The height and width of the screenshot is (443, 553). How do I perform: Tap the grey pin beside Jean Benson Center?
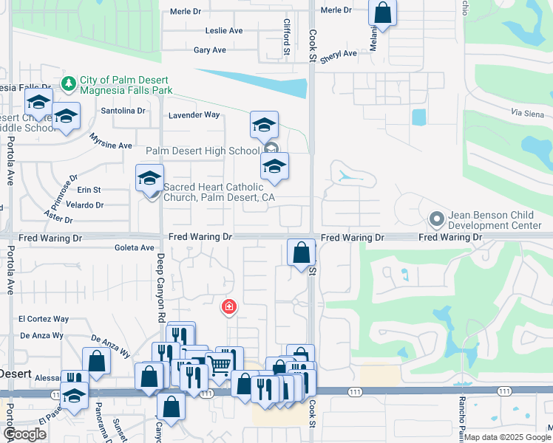click(x=437, y=219)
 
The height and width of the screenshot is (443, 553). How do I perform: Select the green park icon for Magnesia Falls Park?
click(x=69, y=84)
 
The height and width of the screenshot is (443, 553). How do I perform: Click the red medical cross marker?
click(x=229, y=306)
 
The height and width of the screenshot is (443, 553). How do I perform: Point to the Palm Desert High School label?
click(x=203, y=151)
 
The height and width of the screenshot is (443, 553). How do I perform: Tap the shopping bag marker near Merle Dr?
click(x=383, y=13)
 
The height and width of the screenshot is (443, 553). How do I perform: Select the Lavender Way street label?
click(x=194, y=115)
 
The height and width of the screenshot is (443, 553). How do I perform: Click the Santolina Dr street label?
click(x=123, y=111)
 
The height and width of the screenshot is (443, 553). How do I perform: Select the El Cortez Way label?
click(x=44, y=319)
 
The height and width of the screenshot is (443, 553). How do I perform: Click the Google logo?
click(x=24, y=434)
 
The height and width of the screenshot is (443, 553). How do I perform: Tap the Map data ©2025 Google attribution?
click(x=506, y=437)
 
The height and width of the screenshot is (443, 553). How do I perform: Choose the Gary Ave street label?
click(x=209, y=50)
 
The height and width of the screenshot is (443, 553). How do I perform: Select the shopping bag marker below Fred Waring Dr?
click(x=301, y=253)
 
